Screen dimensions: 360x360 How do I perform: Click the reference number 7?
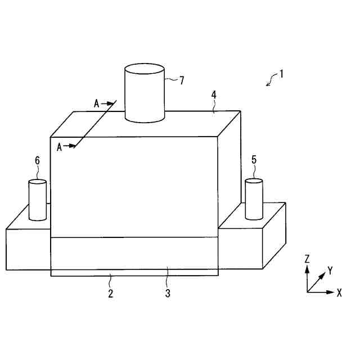coord(181,80)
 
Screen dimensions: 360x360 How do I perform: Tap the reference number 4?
coord(214,95)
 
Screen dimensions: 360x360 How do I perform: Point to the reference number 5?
coord(254,160)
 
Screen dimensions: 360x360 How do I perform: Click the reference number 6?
coord(38,160)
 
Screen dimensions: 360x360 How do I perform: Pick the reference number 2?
coord(111,292)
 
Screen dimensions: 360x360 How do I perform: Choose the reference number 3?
coord(167,292)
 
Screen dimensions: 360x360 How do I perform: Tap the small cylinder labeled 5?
coord(254,200)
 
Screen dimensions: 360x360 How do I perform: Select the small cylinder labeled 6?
coord(38,200)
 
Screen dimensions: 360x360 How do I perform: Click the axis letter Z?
coord(307,259)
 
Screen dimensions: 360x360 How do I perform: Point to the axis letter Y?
coord(330,271)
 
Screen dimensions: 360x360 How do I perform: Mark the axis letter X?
coord(339,292)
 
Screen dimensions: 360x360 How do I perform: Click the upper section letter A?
coord(96,103)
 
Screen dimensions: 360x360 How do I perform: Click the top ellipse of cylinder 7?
coord(144,70)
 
